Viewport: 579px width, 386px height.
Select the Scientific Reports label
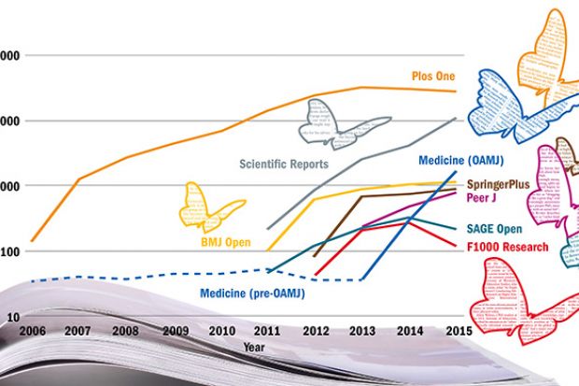coord(284,163)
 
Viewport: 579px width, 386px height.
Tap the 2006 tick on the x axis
coord(32,331)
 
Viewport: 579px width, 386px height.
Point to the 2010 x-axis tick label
coord(222,331)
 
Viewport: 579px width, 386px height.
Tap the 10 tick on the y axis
coord(11,318)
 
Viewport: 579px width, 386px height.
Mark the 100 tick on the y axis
coord(9,252)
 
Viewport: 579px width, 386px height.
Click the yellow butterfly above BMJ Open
coord(211,206)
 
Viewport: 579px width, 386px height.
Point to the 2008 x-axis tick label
coord(127,331)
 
